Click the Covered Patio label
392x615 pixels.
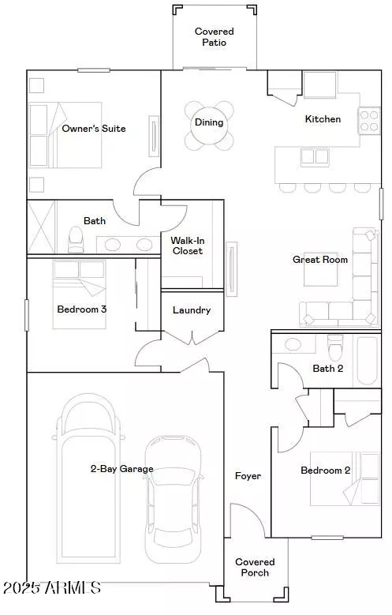coord(215,37)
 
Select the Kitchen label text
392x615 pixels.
coord(323,119)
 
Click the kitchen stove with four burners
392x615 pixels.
coord(370,120)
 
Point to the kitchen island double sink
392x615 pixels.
coord(315,157)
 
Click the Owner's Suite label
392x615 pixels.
coord(94,129)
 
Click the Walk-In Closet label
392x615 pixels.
coord(187,246)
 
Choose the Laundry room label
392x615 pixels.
coord(192,310)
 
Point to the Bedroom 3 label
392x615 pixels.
coord(81,309)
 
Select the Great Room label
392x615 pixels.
coord(320,260)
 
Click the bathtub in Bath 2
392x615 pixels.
coord(367,359)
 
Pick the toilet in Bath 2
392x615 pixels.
coord(334,347)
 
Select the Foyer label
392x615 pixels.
coord(248,476)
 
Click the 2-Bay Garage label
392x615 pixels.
coord(121,469)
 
